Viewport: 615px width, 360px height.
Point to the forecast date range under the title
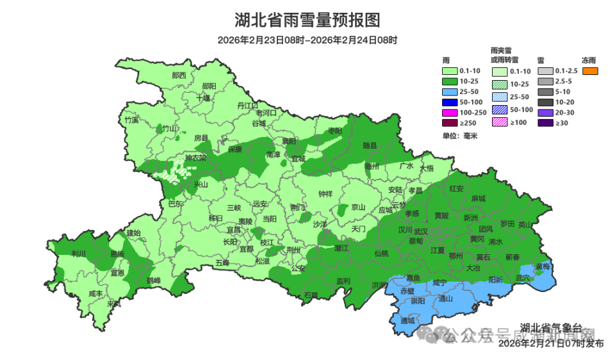(x=307, y=40)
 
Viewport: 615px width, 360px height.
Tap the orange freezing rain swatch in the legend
(x=590, y=70)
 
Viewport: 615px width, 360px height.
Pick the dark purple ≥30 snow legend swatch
(x=545, y=122)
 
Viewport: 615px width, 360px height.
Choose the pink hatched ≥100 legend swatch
(x=500, y=122)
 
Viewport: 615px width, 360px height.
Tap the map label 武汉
(x=421, y=231)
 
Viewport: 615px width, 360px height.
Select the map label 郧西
(x=179, y=75)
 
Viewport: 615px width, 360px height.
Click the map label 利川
(x=79, y=254)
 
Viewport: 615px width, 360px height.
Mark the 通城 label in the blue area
(x=407, y=320)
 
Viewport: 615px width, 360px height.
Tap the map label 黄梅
(x=543, y=266)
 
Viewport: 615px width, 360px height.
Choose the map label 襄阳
(x=290, y=141)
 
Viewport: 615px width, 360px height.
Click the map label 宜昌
(x=233, y=229)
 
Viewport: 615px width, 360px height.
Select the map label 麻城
(x=478, y=199)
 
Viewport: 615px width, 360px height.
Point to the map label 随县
(x=370, y=145)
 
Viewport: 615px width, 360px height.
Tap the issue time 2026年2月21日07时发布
(x=551, y=344)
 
